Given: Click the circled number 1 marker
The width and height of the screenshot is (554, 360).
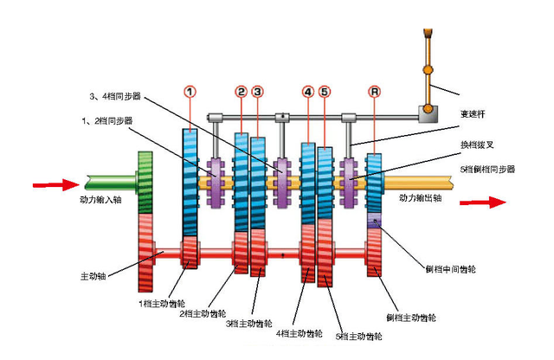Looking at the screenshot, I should [x=190, y=91].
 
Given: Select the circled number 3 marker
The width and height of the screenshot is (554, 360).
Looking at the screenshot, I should [x=257, y=91].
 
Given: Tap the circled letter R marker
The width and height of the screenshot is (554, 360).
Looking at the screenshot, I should [x=373, y=91].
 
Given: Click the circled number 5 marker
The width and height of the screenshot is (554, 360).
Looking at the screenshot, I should [x=324, y=91].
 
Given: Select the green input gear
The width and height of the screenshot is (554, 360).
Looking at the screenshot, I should [x=145, y=182].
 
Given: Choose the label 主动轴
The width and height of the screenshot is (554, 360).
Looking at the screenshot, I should [x=93, y=276].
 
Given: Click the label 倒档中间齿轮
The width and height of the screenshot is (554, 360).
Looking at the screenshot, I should [x=451, y=269].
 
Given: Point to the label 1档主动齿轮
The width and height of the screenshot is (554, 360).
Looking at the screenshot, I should [x=160, y=303].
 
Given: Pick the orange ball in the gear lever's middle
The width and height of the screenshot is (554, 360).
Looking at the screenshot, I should [x=427, y=68].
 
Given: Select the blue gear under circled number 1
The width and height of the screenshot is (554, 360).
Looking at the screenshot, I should [x=190, y=182].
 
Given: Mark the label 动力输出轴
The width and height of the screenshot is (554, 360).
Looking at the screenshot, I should [x=421, y=198].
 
